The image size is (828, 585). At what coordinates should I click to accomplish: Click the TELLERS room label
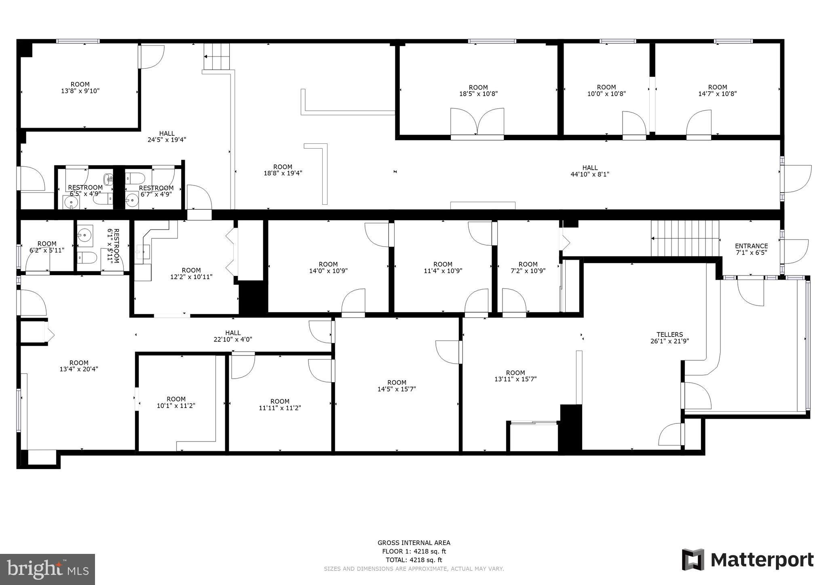[670, 335]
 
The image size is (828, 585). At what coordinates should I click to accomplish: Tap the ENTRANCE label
[751, 246]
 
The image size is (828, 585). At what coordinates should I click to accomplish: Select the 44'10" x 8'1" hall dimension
[590, 175]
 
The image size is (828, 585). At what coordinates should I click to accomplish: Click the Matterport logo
[748, 560]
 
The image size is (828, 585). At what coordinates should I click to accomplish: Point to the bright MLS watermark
[48, 570]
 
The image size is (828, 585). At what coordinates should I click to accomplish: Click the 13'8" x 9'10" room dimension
[80, 91]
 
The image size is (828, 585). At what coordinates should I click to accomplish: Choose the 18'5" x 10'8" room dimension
[478, 94]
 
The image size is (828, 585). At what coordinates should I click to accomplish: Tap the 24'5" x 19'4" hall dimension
[167, 140]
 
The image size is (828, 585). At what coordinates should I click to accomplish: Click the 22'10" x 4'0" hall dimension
[233, 339]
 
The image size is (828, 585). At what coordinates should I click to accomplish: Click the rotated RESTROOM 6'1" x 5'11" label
[113, 246]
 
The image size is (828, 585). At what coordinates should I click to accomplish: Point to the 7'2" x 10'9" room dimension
[528, 271]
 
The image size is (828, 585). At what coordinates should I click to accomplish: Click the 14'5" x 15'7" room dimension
[397, 389]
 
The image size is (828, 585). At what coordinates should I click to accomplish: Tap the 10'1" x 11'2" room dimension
[176, 406]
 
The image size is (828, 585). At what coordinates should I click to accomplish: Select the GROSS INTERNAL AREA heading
[414, 543]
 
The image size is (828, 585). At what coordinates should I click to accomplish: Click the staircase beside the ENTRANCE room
[685, 238]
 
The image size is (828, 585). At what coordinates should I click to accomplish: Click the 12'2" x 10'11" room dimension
[191, 277]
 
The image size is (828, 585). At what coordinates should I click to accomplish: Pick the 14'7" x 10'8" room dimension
[718, 94]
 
